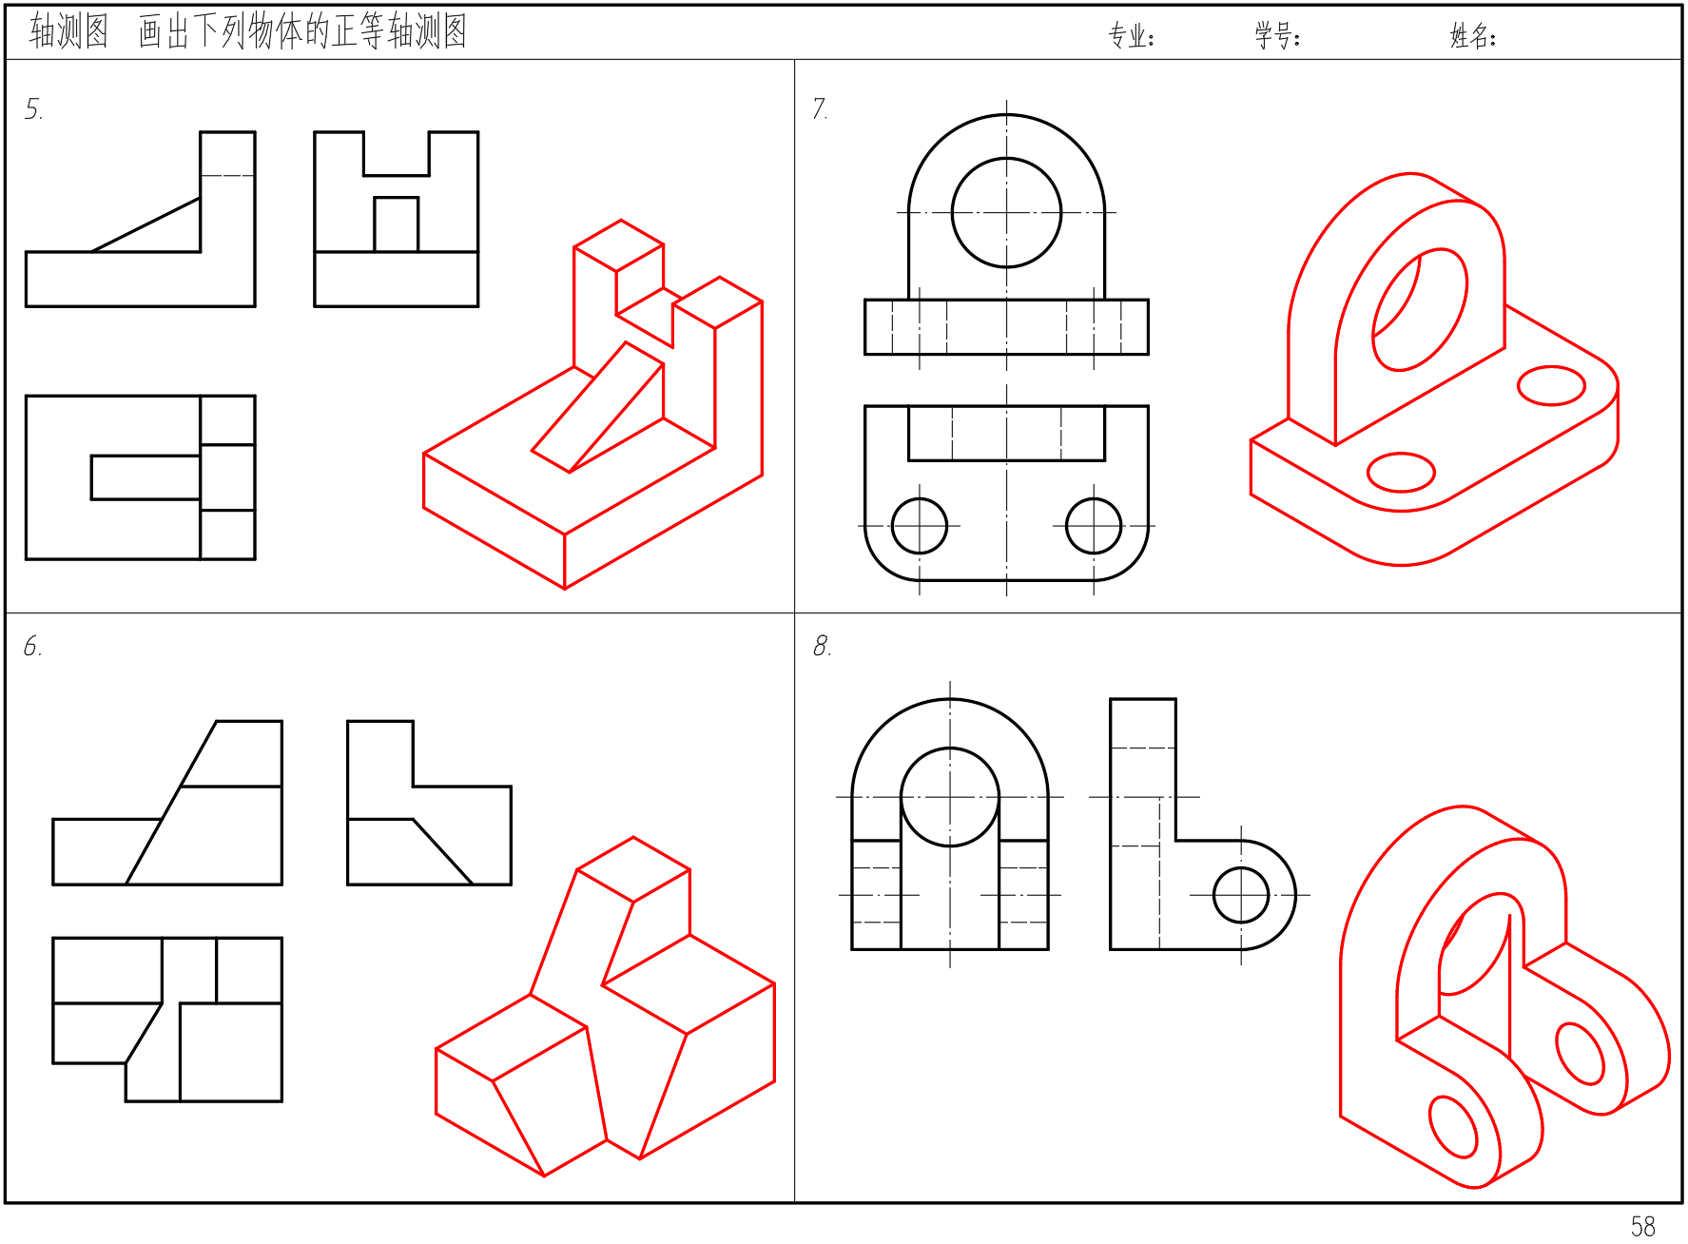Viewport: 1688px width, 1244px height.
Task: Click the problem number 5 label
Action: pos(33,109)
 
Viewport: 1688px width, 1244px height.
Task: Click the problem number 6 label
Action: pos(32,647)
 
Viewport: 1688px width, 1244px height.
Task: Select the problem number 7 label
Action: pos(820,108)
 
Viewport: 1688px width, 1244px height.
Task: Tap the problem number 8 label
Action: pos(822,647)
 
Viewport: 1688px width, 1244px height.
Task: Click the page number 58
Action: pos(1642,1226)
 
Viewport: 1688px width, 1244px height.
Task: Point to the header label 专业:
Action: pos(1131,36)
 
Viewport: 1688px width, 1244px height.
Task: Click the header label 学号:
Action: pos(1277,36)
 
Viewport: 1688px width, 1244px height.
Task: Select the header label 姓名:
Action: pos(1473,36)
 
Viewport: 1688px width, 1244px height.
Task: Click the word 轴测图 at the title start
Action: pos(68,31)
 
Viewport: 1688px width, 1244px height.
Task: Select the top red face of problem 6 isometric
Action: pos(633,869)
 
